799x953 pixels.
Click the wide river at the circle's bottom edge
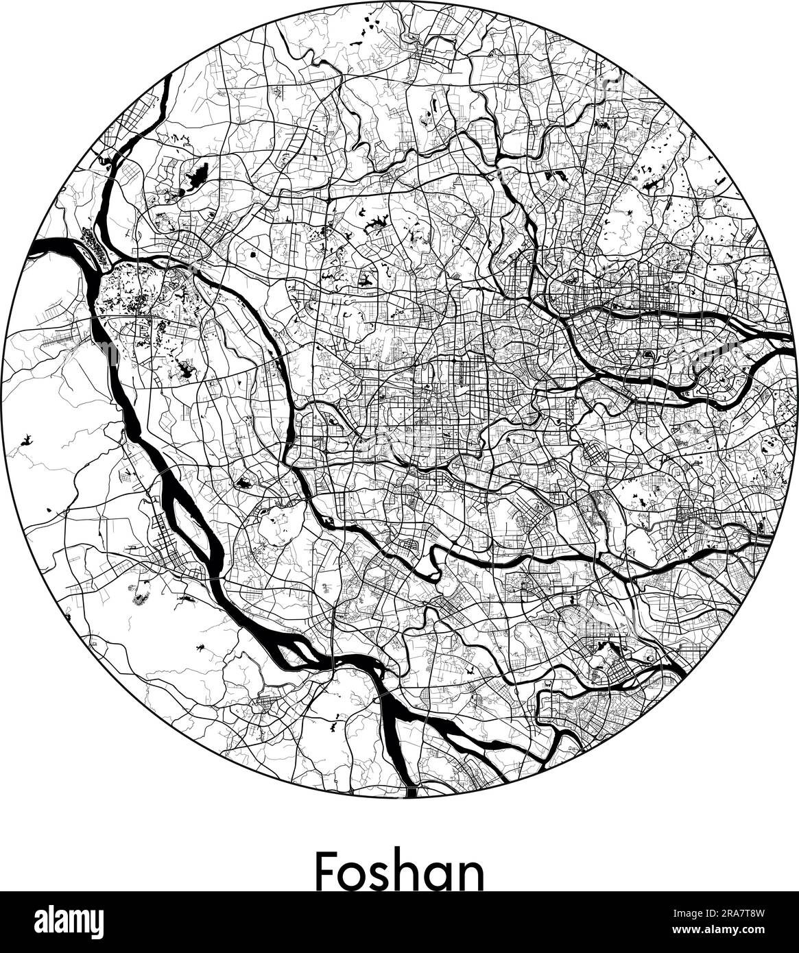pyautogui.click(x=410, y=791)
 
